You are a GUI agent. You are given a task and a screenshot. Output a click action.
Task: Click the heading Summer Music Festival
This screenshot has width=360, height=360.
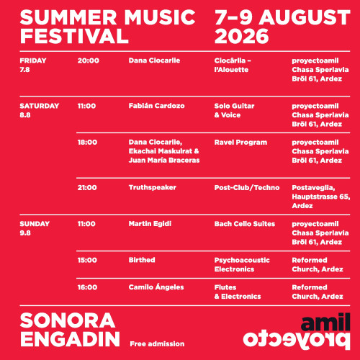[108, 27]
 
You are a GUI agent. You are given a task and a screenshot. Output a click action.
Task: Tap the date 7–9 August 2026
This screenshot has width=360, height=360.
[282, 27]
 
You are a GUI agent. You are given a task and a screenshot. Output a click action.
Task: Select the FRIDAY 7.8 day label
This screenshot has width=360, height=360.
[33, 65]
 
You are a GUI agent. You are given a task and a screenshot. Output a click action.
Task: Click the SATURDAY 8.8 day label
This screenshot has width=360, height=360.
[40, 110]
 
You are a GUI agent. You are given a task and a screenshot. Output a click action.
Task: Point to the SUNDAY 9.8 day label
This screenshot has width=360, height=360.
[35, 228]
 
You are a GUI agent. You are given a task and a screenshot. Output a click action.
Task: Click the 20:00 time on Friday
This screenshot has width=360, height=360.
[88, 60]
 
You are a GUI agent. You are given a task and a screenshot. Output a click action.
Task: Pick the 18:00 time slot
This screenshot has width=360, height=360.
[87, 143]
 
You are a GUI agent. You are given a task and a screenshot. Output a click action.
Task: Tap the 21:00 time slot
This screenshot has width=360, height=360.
[87, 188]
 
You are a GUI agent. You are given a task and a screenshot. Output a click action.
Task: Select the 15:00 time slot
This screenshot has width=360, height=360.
[87, 260]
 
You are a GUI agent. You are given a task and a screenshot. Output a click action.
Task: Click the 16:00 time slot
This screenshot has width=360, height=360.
[87, 287]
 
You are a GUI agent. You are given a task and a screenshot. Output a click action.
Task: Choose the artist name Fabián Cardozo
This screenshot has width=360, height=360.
[156, 106]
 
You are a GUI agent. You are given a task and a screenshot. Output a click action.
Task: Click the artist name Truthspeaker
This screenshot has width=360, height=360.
[153, 188]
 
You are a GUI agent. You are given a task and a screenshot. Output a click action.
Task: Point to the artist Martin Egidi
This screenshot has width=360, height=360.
[150, 224]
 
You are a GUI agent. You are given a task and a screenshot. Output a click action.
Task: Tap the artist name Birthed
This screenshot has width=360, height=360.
[142, 260]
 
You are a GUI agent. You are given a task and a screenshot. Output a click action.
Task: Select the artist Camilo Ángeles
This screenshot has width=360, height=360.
[156, 287]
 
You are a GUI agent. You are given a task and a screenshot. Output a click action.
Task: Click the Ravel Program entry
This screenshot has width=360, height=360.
[240, 143]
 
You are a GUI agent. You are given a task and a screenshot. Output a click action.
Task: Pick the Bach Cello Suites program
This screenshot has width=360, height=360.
[245, 224]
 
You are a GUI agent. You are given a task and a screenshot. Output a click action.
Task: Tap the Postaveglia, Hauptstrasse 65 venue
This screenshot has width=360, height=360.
[321, 192]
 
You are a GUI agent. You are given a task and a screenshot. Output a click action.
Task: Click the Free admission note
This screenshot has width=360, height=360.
[157, 344]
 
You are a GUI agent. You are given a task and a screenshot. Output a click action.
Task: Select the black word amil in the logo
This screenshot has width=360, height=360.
[325, 322]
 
